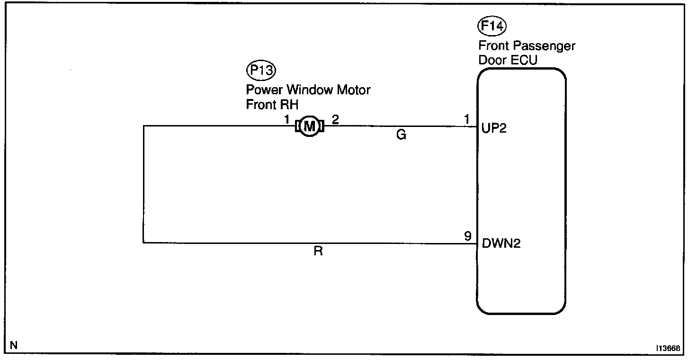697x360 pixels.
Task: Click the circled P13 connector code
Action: (x=261, y=71)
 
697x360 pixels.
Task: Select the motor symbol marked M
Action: (x=309, y=126)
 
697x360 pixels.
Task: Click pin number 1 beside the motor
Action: (x=287, y=120)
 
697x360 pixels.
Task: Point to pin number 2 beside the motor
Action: (x=335, y=120)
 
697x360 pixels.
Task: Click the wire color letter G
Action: (x=401, y=135)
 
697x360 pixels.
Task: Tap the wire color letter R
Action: (x=318, y=252)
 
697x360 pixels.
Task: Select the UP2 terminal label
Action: (x=494, y=128)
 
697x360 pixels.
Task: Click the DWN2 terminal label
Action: (x=501, y=244)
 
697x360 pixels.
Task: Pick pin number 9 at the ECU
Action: (x=468, y=236)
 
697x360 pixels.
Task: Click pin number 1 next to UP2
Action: (x=468, y=120)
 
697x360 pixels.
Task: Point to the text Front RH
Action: (x=272, y=105)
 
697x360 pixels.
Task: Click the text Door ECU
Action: (x=508, y=60)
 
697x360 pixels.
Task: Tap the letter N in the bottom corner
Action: (x=14, y=345)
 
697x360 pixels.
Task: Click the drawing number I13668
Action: (x=668, y=348)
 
